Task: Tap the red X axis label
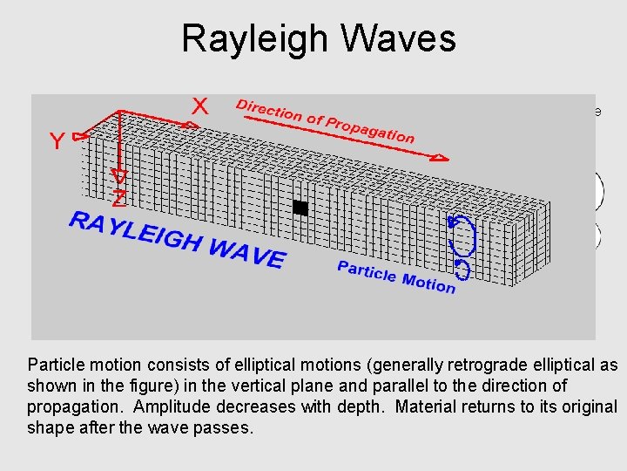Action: tap(200, 106)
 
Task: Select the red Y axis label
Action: tap(57, 142)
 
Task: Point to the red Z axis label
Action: tap(119, 199)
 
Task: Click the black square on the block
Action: tap(300, 208)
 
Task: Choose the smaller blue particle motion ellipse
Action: tap(462, 270)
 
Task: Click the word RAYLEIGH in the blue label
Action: tap(136, 231)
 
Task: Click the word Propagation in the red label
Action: tap(370, 128)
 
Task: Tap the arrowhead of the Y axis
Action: tap(80, 136)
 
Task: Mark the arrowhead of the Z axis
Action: tap(119, 177)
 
